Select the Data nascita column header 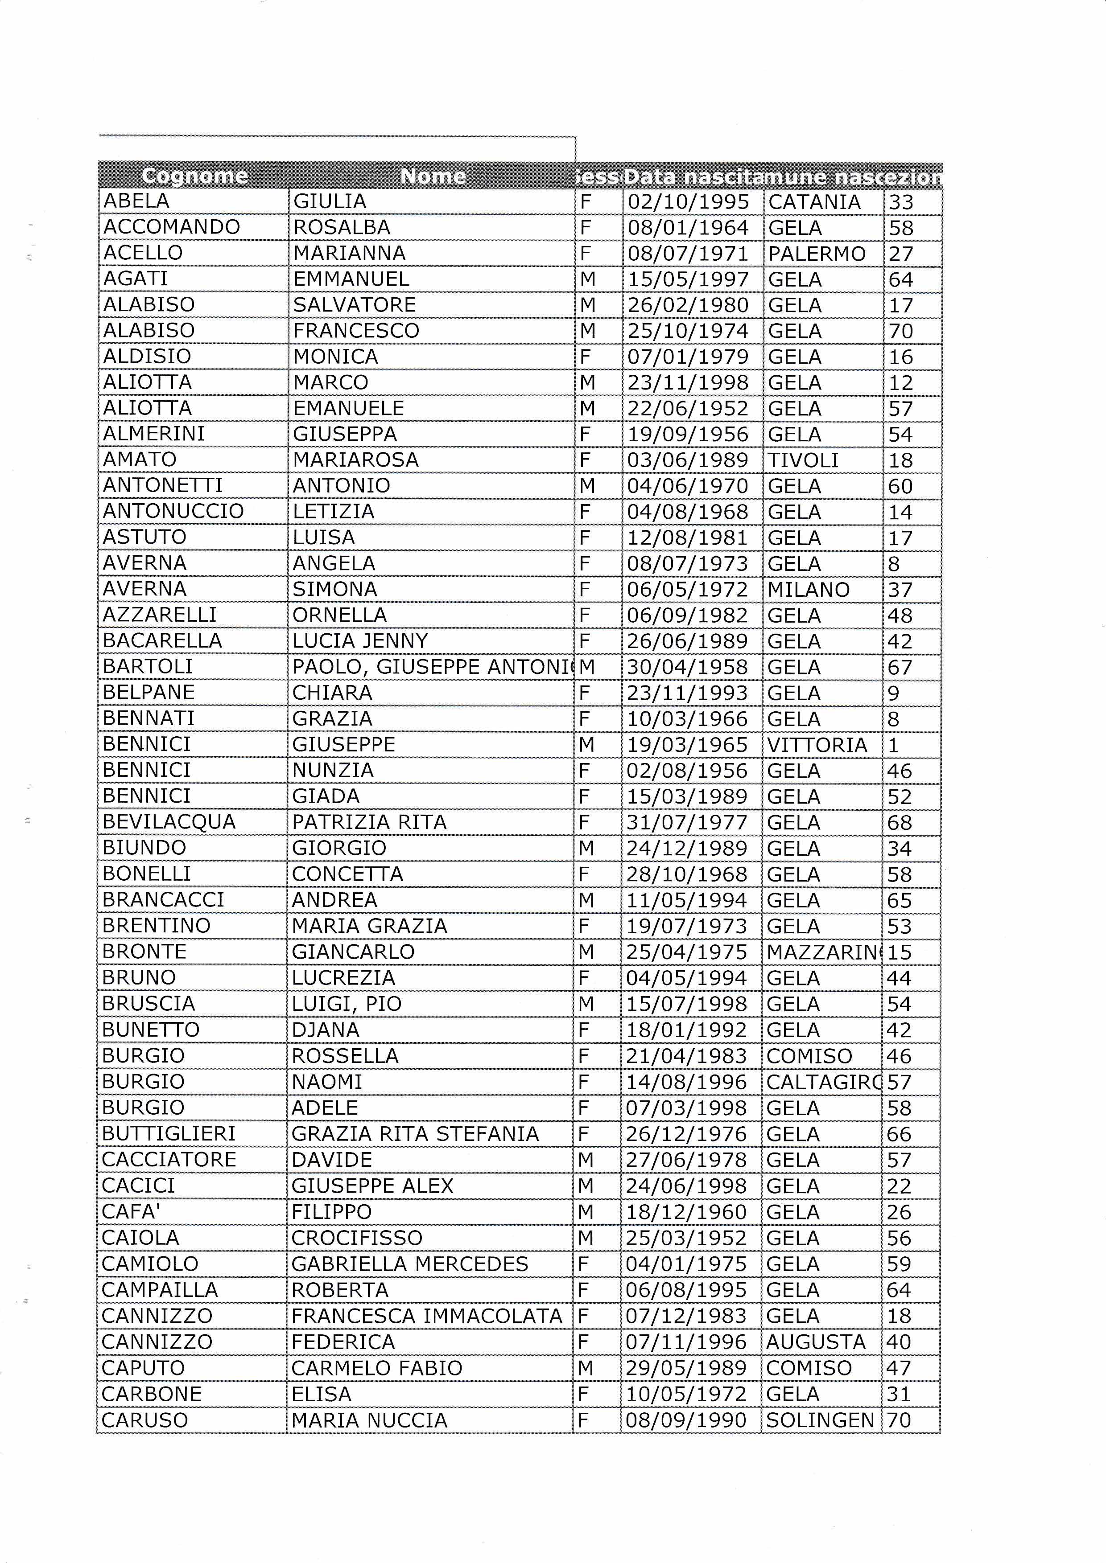click(x=693, y=177)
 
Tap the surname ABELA click(x=136, y=201)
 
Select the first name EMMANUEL click(x=351, y=279)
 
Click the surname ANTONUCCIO click(x=173, y=511)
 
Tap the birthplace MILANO click(x=809, y=590)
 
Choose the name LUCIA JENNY click(x=360, y=640)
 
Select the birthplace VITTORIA click(x=817, y=745)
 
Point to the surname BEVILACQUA click(x=169, y=822)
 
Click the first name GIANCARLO click(x=353, y=952)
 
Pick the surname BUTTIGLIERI click(x=168, y=1133)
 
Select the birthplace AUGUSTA click(x=815, y=1342)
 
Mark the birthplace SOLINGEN click(x=819, y=1420)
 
